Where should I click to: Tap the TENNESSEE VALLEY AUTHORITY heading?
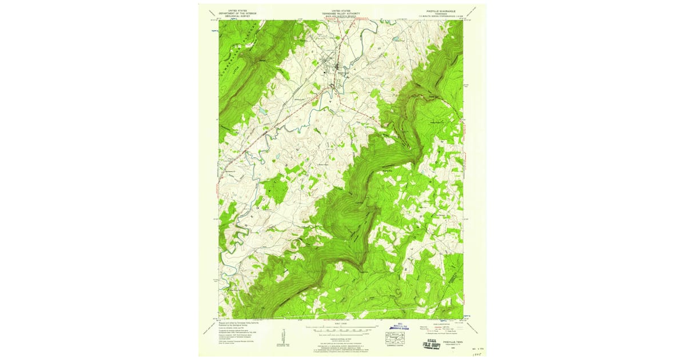pyautogui.click(x=342, y=13)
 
